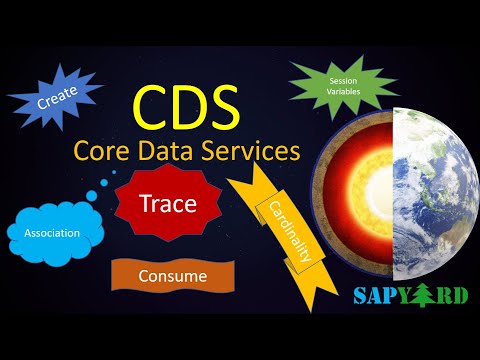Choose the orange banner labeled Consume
[x=172, y=274]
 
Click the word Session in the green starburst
[x=329, y=78]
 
